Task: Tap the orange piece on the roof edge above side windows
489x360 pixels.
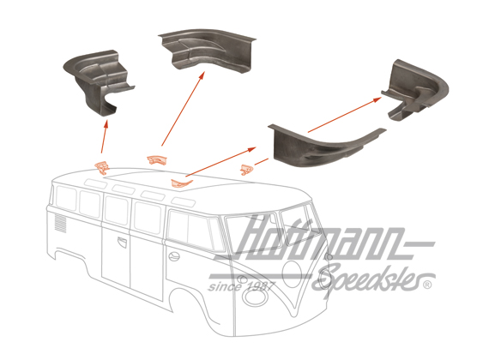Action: click(x=180, y=181)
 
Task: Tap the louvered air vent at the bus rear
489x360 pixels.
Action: click(x=61, y=225)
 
